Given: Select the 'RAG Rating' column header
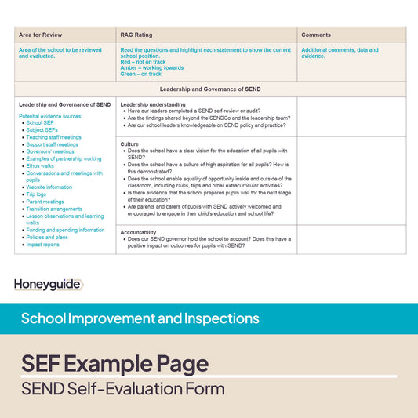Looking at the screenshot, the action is (136, 35).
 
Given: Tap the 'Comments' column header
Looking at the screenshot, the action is (316, 35).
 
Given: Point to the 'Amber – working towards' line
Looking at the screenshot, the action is (151, 68).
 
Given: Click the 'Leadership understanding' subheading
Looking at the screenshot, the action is (153, 104).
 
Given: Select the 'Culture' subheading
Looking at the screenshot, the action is (129, 144).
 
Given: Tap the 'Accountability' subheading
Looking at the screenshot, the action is (138, 232).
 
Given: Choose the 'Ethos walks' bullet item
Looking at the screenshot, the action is (40, 166).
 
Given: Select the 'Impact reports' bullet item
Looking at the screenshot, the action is (42, 245).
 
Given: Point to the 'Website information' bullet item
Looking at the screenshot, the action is (49, 187).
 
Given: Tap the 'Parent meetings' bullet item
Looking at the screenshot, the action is (45, 202).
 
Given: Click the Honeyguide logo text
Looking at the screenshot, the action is (47, 285).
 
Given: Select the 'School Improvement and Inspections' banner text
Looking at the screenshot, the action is (140, 318).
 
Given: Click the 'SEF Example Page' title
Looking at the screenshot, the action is (114, 364).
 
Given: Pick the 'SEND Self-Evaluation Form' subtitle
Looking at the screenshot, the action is (122, 389).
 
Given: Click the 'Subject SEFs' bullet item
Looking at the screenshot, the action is (42, 130).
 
